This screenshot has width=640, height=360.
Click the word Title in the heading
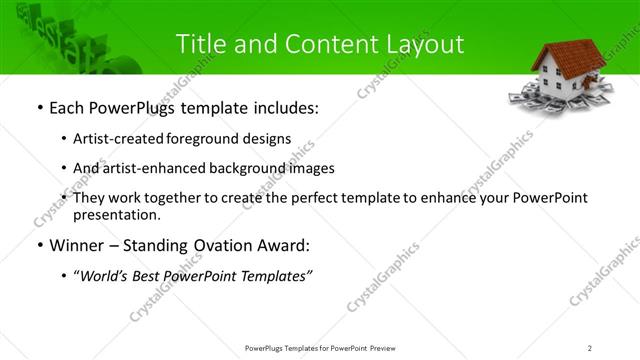201,44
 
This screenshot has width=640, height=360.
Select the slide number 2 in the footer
590,347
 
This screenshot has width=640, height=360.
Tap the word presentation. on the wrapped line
116,215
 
